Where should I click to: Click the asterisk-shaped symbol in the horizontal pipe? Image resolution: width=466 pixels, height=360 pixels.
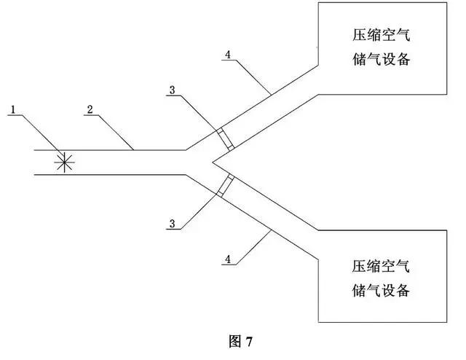click(64, 163)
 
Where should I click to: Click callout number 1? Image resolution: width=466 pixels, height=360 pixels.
click(13, 110)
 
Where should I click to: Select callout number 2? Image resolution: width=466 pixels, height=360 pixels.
click(90, 109)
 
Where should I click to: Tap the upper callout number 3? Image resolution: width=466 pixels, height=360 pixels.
click(173, 90)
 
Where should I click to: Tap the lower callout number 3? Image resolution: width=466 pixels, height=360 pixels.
click(173, 224)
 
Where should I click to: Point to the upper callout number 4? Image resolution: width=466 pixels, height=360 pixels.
click(228, 55)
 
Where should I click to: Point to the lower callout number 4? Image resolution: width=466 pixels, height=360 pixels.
click(228, 259)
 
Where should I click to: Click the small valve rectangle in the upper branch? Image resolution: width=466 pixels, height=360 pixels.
click(226, 138)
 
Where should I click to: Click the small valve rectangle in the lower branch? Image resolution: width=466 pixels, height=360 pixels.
click(226, 186)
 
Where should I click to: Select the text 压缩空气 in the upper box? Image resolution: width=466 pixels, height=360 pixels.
click(382, 35)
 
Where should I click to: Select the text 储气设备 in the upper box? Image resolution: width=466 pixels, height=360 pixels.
click(382, 59)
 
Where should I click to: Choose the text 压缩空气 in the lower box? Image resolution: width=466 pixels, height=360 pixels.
click(381, 266)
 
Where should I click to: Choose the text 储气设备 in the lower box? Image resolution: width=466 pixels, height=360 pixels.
click(381, 290)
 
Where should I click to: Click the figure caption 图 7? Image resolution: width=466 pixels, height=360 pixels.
click(241, 341)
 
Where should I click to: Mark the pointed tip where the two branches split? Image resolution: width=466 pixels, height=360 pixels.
click(213, 163)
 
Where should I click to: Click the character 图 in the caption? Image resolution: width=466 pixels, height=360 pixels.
click(235, 341)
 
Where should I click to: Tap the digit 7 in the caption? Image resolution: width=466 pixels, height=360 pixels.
click(249, 342)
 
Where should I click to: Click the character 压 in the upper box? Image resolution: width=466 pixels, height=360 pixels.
click(360, 35)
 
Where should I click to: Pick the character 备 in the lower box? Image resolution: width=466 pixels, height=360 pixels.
click(403, 290)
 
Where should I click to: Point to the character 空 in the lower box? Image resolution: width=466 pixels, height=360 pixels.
click(388, 266)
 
